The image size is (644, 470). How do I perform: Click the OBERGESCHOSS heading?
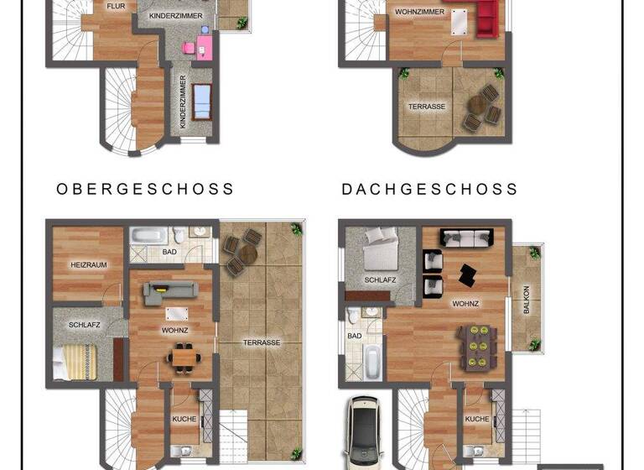145,190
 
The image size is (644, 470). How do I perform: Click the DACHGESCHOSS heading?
430,190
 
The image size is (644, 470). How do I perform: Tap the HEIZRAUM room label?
88,265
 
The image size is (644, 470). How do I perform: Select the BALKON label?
526,300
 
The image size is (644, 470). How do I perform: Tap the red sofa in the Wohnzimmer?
487,18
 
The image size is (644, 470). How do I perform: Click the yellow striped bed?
73,362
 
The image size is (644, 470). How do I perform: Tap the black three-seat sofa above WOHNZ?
467,238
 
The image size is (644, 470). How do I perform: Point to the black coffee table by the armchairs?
465,274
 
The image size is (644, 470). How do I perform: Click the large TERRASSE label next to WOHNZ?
261,342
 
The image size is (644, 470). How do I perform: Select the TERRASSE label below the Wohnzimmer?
426,107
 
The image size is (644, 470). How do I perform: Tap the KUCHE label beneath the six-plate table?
476,419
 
